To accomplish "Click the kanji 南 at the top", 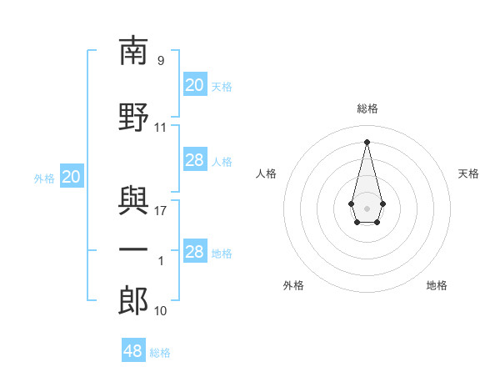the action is pyautogui.click(x=133, y=50).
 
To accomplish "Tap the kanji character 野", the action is pyautogui.click(x=133, y=117).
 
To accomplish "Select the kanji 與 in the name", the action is pyautogui.click(x=133, y=201).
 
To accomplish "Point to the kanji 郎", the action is pyautogui.click(x=133, y=301).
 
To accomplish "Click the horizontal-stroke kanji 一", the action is pyautogui.click(x=133, y=249).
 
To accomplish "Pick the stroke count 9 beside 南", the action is pyautogui.click(x=161, y=60).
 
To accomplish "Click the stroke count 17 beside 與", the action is pyautogui.click(x=160, y=211).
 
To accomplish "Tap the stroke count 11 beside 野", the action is pyautogui.click(x=160, y=128).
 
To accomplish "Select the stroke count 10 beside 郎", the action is pyautogui.click(x=160, y=311).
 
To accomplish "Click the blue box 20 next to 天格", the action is pyautogui.click(x=195, y=84).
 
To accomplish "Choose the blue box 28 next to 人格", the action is pyautogui.click(x=195, y=159).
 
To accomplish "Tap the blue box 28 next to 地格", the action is pyautogui.click(x=195, y=250).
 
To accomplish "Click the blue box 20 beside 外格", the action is pyautogui.click(x=72, y=176).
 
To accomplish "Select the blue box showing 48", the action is pyautogui.click(x=133, y=349).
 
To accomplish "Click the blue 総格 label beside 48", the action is pyautogui.click(x=160, y=353).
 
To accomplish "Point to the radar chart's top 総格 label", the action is pyautogui.click(x=367, y=108).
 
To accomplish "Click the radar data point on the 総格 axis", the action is pyautogui.click(x=367, y=142).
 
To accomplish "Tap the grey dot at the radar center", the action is pyautogui.click(x=367, y=209).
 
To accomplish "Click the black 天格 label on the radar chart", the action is pyautogui.click(x=468, y=173).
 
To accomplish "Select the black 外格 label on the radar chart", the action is pyautogui.click(x=293, y=285).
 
